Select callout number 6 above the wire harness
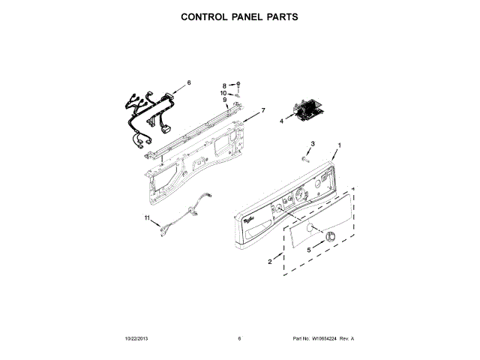(189, 82)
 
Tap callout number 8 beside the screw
(223, 85)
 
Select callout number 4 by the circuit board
(282, 120)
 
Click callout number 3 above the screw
(313, 143)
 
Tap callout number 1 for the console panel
(339, 145)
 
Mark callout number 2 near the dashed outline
(270, 262)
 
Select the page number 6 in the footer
(239, 338)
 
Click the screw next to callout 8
(238, 85)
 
